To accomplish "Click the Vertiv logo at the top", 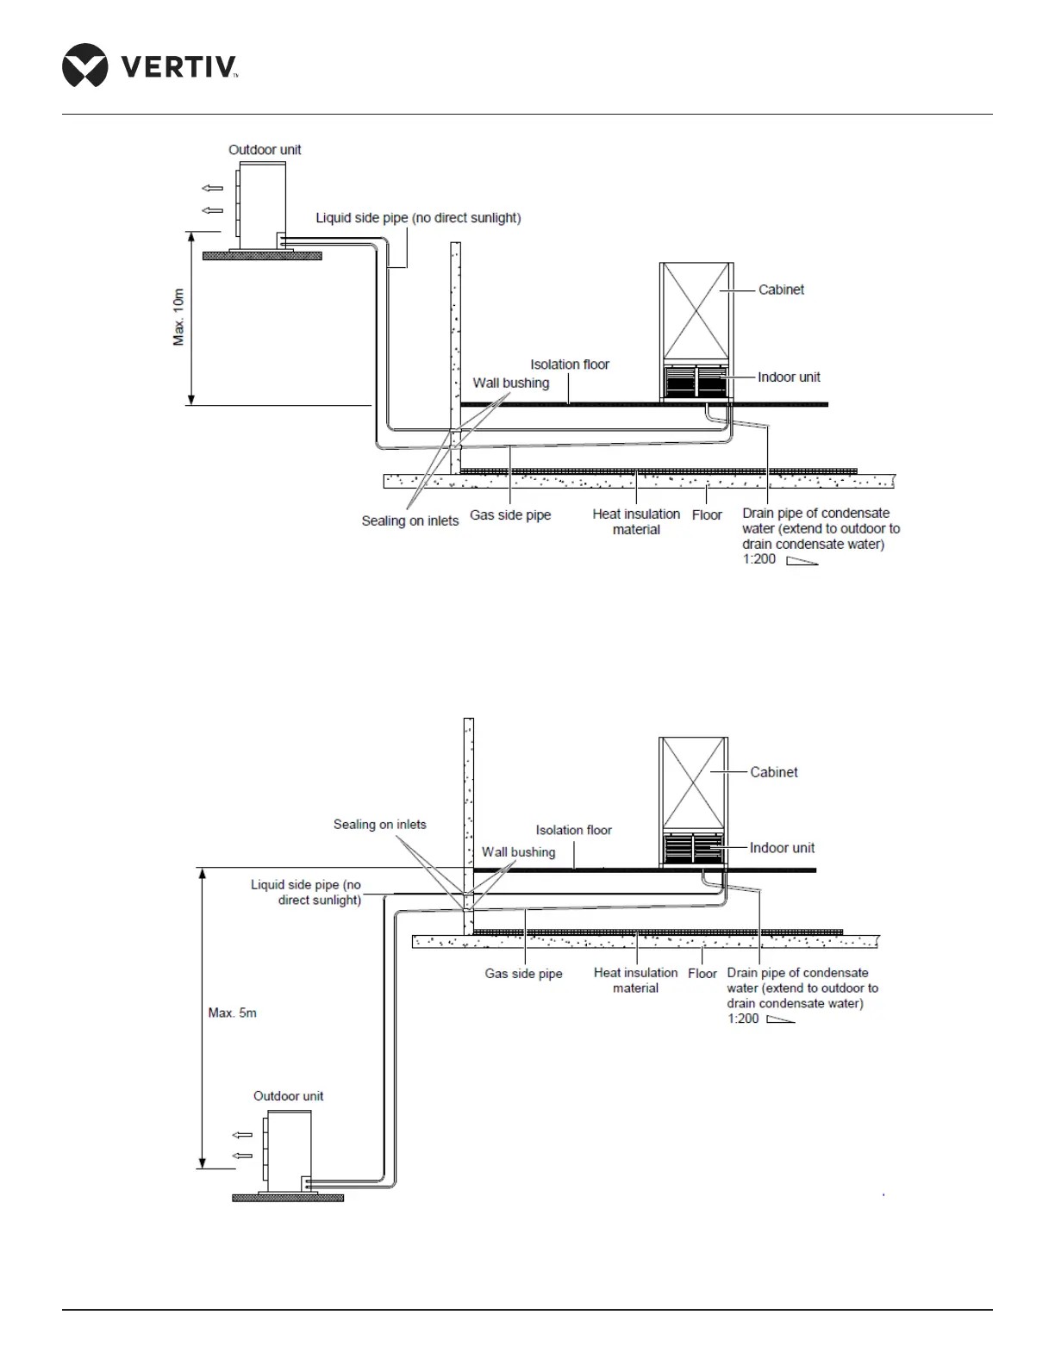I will pos(150,65).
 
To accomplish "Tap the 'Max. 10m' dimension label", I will pos(178,317).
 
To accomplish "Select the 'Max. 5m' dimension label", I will pos(232,1013).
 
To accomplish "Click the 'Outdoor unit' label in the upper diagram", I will pos(265,150).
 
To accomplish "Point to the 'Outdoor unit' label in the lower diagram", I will pos(288,1096).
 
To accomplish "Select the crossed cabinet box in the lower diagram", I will pos(694,783).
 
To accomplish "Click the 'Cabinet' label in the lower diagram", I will pos(773,772).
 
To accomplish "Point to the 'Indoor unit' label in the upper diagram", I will pos(789,377).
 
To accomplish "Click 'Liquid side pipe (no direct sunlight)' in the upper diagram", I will pos(418,218).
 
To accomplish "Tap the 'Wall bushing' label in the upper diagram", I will pos(510,383).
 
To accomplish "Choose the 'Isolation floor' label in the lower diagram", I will pos(573,830).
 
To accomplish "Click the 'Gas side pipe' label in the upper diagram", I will pos(510,515).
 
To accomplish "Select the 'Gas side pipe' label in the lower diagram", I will pos(523,974).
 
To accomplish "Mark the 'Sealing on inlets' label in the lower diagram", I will pos(379,825).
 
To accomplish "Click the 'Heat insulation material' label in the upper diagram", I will pos(636,521).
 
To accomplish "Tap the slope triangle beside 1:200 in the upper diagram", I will pos(802,561).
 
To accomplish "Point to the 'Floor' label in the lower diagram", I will pos(702,974).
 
